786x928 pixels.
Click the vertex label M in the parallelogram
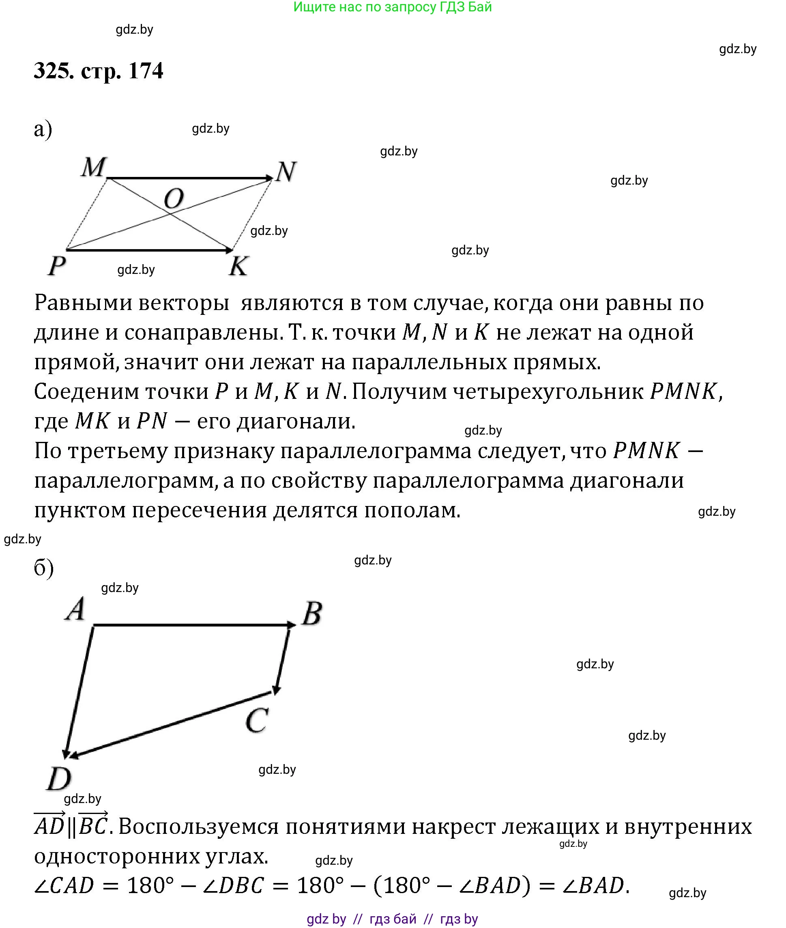click(x=94, y=168)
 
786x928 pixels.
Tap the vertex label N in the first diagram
click(x=286, y=172)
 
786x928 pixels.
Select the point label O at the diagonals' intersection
click(x=174, y=199)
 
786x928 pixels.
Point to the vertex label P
click(x=57, y=266)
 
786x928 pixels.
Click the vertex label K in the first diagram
click(x=238, y=266)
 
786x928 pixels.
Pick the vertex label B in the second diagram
click(x=312, y=614)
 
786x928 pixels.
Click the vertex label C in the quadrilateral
click(x=257, y=720)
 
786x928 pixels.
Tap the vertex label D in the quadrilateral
click(x=59, y=779)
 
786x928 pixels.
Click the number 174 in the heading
click(x=146, y=71)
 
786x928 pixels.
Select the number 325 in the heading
click(x=54, y=71)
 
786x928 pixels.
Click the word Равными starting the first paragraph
click(x=82, y=303)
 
